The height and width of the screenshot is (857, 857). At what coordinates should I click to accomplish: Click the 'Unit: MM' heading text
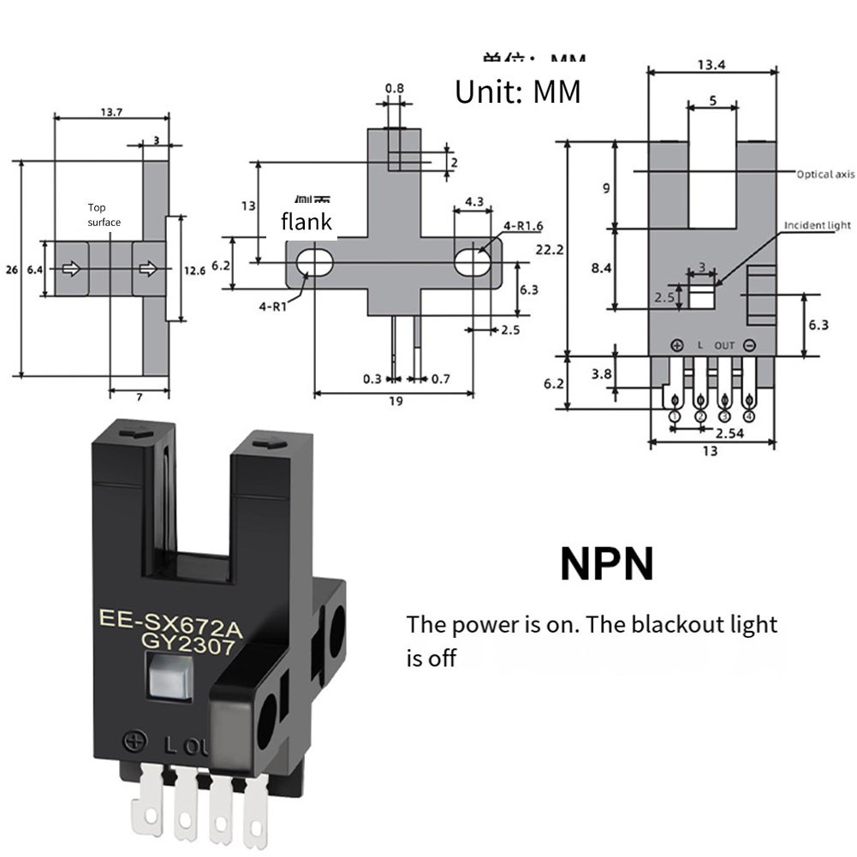[517, 92]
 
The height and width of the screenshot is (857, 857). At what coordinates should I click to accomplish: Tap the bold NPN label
[606, 564]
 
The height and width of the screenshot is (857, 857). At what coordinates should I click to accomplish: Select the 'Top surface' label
[104, 215]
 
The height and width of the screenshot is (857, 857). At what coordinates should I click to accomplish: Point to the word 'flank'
[306, 223]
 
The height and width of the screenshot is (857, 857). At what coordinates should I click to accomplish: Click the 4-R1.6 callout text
[523, 226]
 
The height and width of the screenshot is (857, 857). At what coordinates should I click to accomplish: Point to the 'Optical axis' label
[824, 174]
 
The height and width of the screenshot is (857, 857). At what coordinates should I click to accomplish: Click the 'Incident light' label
[818, 225]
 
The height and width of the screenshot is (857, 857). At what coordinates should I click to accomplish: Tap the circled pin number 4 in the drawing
[750, 417]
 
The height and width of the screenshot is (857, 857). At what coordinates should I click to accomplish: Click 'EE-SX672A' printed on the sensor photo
[171, 622]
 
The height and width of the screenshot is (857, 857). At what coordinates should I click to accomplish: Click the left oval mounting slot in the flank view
[313, 260]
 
